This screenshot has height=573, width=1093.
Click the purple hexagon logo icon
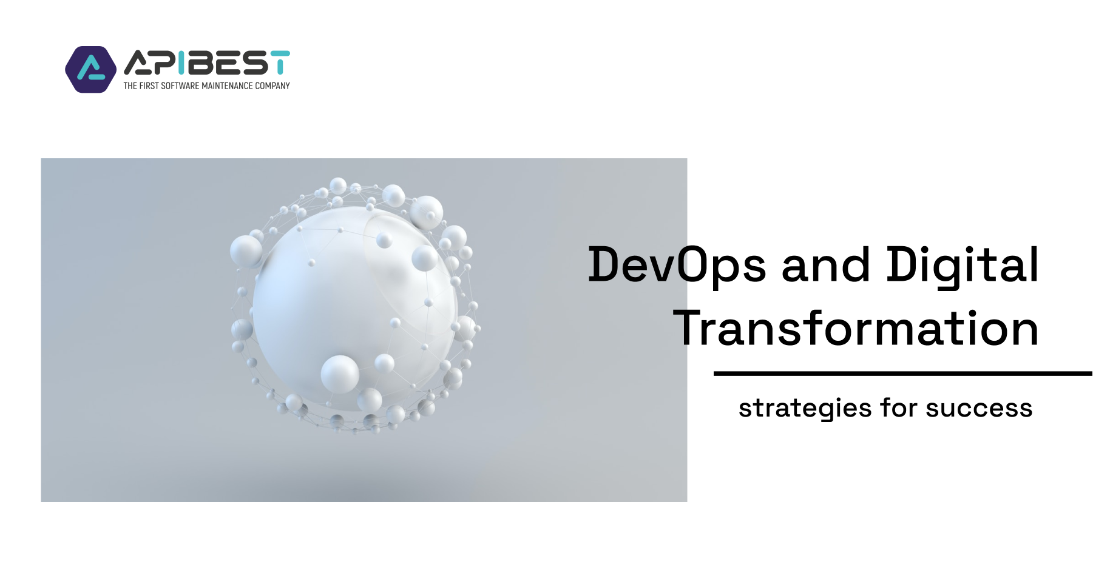click(91, 70)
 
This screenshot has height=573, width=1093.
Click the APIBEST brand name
click(207, 62)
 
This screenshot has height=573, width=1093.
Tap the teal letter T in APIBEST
click(280, 62)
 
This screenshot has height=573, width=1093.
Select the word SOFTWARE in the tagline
click(180, 86)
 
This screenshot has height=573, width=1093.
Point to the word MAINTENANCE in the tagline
click(227, 86)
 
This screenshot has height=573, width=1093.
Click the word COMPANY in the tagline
click(272, 86)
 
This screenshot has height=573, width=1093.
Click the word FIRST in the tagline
click(149, 86)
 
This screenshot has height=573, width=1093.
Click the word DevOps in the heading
click(677, 265)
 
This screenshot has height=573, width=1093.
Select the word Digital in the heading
click(963, 265)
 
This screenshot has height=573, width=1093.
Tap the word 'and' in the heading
click(825, 265)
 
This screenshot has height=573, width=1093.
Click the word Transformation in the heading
click(856, 328)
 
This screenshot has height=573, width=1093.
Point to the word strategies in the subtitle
click(805, 409)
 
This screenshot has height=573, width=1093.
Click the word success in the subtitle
click(979, 409)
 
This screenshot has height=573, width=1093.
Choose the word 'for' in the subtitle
click(899, 407)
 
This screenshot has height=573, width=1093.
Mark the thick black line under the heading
click(903, 374)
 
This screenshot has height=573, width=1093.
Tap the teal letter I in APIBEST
click(181, 62)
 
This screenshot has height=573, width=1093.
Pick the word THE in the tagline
click(130, 86)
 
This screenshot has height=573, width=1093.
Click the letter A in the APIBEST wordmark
click(137, 63)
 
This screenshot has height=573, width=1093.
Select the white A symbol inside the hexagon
click(91, 69)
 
